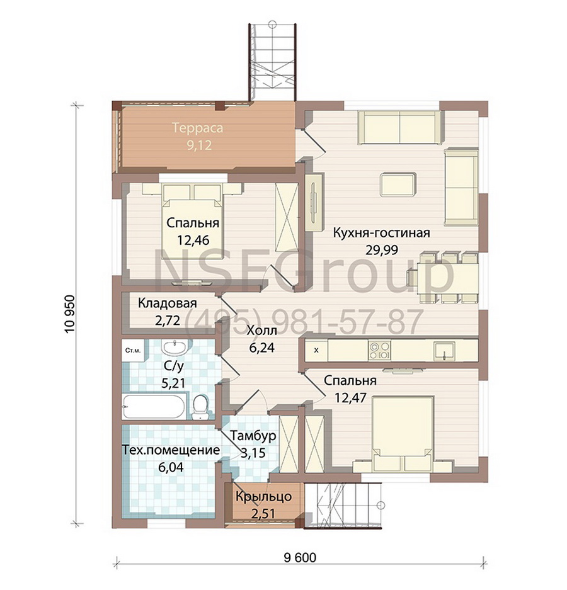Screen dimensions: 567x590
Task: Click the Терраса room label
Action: click(198, 128)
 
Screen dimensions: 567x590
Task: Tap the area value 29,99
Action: click(381, 250)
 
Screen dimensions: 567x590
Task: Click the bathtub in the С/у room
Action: click(154, 406)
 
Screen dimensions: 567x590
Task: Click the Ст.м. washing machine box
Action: click(132, 351)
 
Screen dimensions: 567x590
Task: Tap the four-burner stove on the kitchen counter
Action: click(379, 350)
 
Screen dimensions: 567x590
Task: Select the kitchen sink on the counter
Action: click(444, 351)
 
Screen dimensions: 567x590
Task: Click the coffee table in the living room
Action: click(398, 184)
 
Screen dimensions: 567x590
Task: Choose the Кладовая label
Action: click(167, 303)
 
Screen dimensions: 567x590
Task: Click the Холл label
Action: click(261, 331)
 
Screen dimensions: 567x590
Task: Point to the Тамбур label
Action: click(253, 436)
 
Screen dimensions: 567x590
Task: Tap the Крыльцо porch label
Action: click(263, 496)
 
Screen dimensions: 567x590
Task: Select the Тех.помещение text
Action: click(171, 450)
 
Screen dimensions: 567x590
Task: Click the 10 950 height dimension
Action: click(70, 314)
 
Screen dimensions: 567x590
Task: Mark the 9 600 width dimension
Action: click(300, 557)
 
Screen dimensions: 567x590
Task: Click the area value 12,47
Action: click(350, 397)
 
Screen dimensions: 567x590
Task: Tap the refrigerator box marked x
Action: click(316, 350)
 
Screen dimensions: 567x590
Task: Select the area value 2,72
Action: click(168, 321)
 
